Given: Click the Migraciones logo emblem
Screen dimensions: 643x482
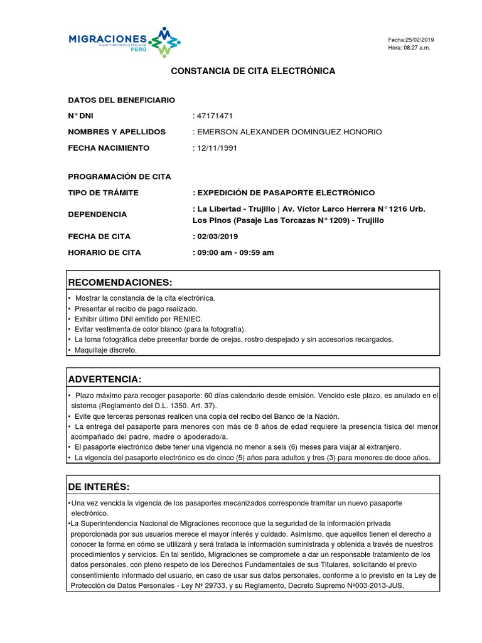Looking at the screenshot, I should [x=164, y=42].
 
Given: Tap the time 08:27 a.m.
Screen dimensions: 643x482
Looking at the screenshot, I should [x=416, y=48].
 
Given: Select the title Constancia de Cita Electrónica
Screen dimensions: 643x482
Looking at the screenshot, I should [x=253, y=72].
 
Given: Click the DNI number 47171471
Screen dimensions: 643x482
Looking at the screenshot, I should [x=215, y=116].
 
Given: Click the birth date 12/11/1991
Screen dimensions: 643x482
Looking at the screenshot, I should [x=217, y=148].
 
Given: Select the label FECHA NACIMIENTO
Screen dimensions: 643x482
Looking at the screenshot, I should [x=109, y=148].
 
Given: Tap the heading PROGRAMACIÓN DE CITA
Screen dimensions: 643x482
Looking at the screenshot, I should [x=119, y=177].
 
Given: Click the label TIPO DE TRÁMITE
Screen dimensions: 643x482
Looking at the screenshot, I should [x=103, y=193].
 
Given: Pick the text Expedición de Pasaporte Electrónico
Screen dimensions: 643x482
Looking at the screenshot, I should [x=286, y=193].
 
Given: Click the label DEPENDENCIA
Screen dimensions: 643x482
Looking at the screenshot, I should [x=97, y=214].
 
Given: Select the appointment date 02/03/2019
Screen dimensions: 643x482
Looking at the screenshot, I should [x=217, y=237].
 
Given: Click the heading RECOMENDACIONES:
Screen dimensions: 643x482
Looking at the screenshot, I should [x=119, y=281].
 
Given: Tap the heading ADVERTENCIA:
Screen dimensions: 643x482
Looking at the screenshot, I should [x=105, y=379].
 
